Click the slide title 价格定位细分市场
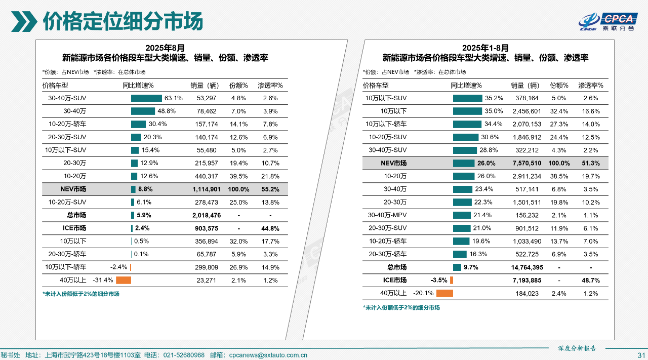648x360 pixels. pyautogui.click(x=123, y=21)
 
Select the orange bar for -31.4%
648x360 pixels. pyautogui.click(x=124, y=281)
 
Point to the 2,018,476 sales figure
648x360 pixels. pyautogui.click(x=207, y=215)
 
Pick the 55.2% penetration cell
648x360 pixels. pyautogui.click(x=270, y=189)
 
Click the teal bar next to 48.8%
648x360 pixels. pyautogui.click(x=143, y=111)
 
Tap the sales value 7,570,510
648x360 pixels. pyautogui.click(x=526, y=164)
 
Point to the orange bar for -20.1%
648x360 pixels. pyautogui.click(x=444, y=293)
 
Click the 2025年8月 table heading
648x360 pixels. pyautogui.click(x=165, y=48)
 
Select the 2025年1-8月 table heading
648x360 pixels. pyautogui.click(x=485, y=48)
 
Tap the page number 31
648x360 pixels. pyautogui.click(x=641, y=355)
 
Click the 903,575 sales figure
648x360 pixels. pyautogui.click(x=207, y=228)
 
